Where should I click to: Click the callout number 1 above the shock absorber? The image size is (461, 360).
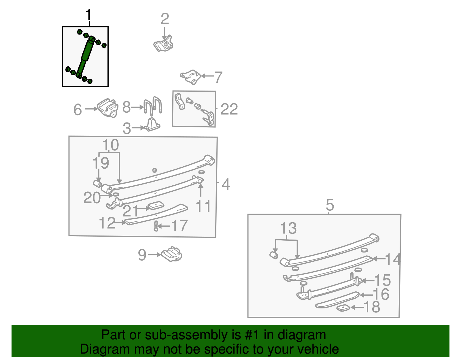(88, 15)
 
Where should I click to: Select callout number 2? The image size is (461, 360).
(165, 19)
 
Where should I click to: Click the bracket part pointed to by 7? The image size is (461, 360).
(191, 76)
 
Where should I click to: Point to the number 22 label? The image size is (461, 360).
(229, 109)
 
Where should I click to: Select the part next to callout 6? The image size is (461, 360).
(108, 108)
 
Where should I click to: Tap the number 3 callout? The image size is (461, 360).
(126, 129)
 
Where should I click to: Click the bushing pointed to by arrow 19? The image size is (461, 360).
(97, 183)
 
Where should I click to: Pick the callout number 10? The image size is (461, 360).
(110, 145)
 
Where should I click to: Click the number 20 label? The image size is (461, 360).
(92, 198)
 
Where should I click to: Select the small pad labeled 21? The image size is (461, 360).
(155, 206)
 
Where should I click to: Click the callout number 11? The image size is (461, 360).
(203, 206)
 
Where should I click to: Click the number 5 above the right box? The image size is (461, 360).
(330, 205)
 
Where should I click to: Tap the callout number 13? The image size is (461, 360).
(288, 228)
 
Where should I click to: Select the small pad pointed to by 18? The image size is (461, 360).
(343, 308)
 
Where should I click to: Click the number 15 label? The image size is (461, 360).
(382, 280)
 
